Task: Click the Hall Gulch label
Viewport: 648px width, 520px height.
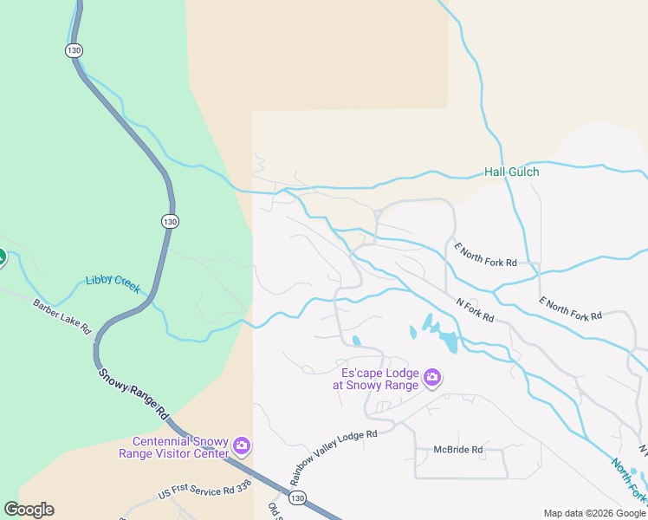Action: coord(511,172)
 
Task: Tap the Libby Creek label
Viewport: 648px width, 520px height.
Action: coord(113,283)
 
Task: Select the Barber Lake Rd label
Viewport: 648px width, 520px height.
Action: coord(62,316)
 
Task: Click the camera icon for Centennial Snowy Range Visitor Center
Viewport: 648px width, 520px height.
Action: coord(242,446)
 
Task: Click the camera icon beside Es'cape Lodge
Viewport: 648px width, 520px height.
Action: coord(432,378)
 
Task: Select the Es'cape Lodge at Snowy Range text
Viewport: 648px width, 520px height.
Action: coord(379,379)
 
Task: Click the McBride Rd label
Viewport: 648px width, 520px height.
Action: coord(458,450)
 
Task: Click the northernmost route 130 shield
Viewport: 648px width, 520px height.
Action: coord(74,50)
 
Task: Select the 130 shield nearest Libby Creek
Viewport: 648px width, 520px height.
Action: coord(170,222)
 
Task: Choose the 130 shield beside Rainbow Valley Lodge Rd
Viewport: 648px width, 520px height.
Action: coord(297,497)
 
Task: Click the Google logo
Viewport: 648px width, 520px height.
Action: coord(29,510)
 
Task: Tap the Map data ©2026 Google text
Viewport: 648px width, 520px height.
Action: coord(595,513)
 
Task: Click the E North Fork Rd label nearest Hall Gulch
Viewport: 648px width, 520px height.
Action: coord(486,254)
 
